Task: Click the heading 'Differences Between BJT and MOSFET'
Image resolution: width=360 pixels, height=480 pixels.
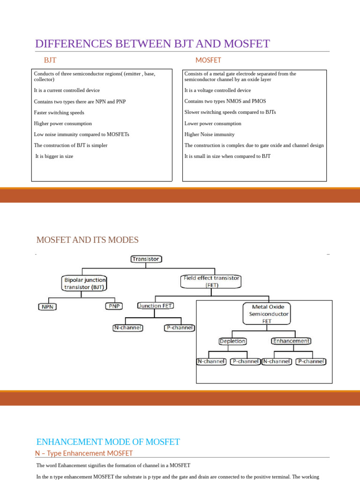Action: coord(152,44)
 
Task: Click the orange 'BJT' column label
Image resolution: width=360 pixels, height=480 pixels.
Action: coord(50,60)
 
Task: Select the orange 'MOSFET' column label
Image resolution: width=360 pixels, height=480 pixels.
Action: coord(208,60)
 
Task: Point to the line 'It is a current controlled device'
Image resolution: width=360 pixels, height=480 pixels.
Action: coord(67,90)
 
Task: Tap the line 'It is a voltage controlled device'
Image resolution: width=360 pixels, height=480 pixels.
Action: coord(217,90)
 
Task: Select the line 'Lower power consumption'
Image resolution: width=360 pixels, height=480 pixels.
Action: coord(213,124)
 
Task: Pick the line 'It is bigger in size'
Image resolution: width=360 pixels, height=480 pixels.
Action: coord(54,157)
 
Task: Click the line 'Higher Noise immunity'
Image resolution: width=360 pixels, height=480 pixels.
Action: coord(210,135)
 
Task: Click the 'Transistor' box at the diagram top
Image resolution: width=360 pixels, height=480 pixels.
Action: coord(146,259)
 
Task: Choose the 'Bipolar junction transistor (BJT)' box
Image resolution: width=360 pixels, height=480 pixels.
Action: coord(84,283)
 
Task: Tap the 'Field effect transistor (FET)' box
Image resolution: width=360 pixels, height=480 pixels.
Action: coord(211,281)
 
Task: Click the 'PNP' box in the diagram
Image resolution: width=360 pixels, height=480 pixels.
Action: coord(114,306)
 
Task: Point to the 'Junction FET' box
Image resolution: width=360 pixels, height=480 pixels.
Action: coord(155,306)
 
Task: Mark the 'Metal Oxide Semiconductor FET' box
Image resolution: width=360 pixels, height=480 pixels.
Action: coord(267,314)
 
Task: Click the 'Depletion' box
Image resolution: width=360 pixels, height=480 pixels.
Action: coord(233,341)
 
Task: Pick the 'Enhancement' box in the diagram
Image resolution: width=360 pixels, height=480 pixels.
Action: coord(291,341)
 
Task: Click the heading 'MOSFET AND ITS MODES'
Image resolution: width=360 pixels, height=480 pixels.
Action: coord(88,240)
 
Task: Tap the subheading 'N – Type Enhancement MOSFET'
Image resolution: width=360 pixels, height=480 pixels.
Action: coord(84,453)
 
